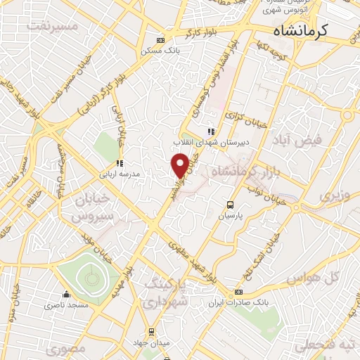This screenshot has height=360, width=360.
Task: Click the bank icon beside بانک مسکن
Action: (161, 40)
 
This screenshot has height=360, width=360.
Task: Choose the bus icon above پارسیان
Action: (230, 205)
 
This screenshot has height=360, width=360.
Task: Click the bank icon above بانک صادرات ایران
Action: (238, 292)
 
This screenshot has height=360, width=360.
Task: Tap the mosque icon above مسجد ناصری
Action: (67, 295)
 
